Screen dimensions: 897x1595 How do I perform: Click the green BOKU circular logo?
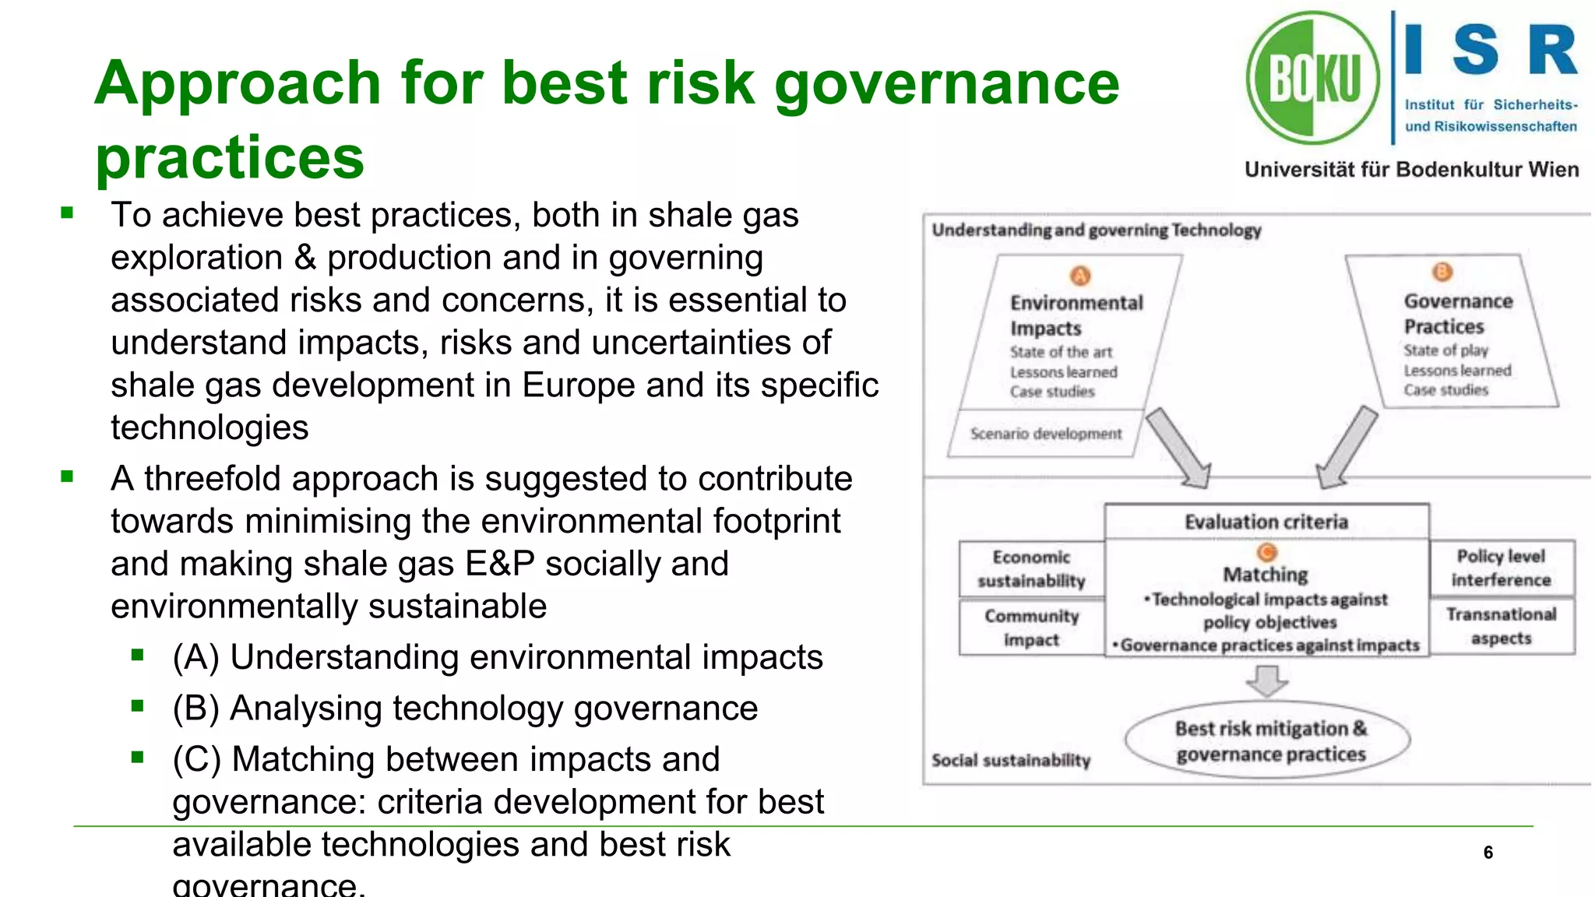point(1312,78)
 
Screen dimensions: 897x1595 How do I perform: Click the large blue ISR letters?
point(1490,50)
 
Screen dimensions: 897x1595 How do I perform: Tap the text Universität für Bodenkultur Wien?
point(1411,170)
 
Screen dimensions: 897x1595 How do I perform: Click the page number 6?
point(1488,853)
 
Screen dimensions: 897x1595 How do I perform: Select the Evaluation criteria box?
point(1266,522)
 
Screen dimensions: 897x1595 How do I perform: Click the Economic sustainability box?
point(1031,569)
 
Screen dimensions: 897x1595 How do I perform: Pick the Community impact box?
point(1031,628)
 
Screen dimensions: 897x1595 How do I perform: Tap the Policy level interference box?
point(1501,568)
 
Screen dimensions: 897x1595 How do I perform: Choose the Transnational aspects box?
point(1501,626)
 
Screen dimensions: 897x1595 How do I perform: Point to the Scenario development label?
point(1045,434)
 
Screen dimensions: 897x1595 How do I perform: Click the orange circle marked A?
point(1079,276)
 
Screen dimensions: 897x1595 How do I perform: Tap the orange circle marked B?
point(1442,272)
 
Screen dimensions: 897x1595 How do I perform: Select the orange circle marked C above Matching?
point(1267,552)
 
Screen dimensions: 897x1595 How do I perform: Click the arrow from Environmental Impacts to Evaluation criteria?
point(1180,448)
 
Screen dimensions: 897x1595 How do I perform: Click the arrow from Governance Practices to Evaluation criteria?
point(1347,448)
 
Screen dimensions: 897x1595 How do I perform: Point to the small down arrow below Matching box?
point(1267,681)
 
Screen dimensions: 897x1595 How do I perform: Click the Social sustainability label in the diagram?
point(1011,760)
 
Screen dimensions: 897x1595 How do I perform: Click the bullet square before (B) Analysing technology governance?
point(138,706)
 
